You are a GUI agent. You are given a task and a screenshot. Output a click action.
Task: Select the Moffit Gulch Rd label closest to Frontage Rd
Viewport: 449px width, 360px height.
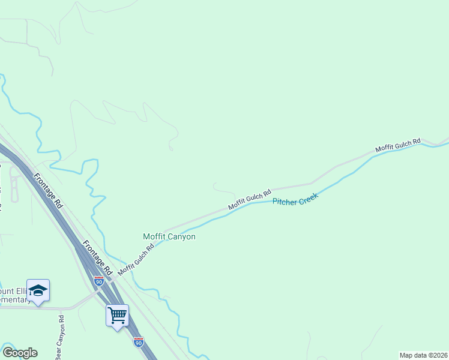pos(132,260)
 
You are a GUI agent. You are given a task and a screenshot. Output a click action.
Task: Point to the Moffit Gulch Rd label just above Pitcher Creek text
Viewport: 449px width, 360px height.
pos(250,197)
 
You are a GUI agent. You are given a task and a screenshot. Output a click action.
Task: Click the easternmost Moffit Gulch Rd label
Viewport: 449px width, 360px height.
pos(397,144)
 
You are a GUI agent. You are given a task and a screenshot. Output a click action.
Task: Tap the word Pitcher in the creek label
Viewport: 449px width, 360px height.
pos(286,202)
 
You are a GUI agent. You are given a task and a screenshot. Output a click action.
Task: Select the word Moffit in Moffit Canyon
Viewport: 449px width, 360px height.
pos(154,236)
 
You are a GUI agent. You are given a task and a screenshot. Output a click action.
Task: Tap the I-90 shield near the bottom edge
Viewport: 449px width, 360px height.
pos(139,341)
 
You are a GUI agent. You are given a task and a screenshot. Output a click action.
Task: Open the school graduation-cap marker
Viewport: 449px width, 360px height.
pos(38,290)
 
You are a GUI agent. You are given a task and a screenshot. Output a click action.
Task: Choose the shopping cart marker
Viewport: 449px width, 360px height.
pos(117,314)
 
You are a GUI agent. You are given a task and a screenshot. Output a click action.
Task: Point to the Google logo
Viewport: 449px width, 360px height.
pos(20,352)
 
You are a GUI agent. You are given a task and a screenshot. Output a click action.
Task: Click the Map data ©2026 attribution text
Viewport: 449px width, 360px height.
pos(423,355)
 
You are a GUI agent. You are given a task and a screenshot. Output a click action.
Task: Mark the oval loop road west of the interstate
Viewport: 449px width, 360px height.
pos(14,183)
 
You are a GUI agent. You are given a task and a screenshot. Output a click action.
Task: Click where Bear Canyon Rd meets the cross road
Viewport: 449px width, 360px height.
pos(61,309)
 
